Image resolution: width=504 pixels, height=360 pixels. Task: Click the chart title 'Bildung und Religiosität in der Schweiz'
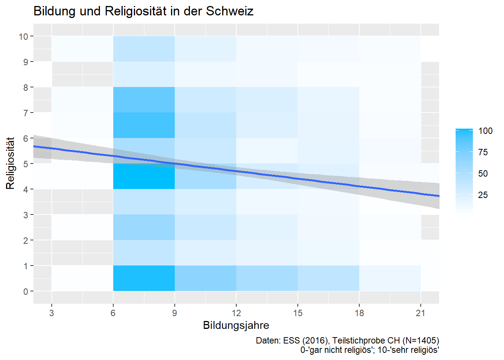(x=143, y=11)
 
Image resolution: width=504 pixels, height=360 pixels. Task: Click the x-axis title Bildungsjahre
(x=236, y=325)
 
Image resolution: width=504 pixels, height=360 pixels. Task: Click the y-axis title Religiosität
(x=10, y=163)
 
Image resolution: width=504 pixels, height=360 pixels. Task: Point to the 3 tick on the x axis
(x=51, y=313)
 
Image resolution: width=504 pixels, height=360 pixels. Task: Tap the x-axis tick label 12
(x=236, y=313)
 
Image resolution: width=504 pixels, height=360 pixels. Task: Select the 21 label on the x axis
(x=420, y=313)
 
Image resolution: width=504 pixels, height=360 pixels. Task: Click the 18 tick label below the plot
(x=359, y=313)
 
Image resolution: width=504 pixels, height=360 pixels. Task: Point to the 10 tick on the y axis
(x=23, y=36)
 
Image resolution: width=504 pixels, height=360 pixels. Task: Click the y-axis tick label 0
(x=25, y=291)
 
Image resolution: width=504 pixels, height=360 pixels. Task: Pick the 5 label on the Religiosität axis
(x=25, y=164)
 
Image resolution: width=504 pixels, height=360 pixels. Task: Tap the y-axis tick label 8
(x=25, y=87)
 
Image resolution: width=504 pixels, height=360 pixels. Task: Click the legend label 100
(x=485, y=131)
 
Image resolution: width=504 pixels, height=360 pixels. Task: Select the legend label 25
(x=483, y=195)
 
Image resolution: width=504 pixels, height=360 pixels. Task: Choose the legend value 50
(x=483, y=173)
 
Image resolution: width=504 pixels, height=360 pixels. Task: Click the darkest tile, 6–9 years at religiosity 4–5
(x=144, y=176)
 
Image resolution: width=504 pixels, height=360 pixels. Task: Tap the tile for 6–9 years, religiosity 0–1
(x=144, y=278)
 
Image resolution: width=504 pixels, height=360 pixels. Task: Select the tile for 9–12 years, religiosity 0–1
(x=205, y=278)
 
